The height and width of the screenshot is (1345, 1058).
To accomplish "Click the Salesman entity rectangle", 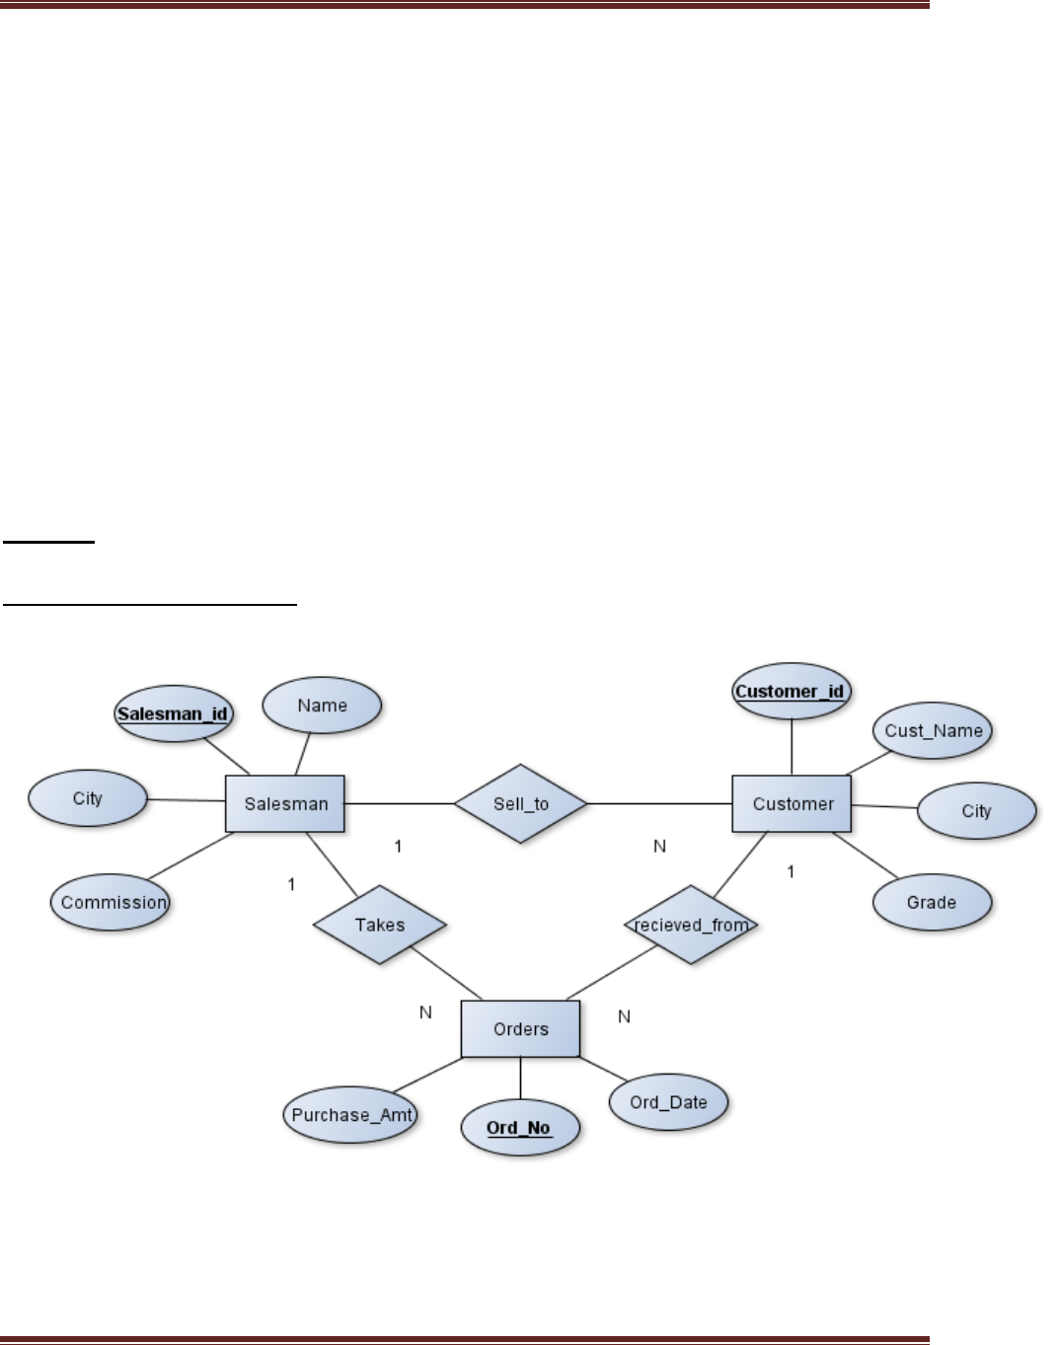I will pos(284,804).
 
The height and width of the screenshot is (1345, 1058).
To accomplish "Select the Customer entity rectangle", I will pos(792,804).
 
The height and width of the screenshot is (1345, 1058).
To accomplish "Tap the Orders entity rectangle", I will pos(520,1029).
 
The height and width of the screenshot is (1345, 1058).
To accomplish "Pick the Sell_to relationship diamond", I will pos(520,804).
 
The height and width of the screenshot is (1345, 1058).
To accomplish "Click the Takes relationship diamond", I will pos(380,925).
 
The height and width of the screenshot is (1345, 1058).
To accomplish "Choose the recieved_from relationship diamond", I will pos(691,926).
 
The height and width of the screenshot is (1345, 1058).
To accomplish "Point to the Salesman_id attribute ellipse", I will pos(173,712).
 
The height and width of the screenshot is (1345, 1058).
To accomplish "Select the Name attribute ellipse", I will pos(322,706).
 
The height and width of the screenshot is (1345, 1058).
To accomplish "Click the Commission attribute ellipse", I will pos(111,902).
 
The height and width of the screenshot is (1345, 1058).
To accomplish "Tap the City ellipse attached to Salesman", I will pos(87,798).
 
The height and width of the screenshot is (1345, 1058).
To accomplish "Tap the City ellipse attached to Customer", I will pos(976,811).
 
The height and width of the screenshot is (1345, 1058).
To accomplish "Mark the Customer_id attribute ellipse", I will pos(791,691).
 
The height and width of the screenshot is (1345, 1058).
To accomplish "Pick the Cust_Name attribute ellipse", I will pos(933,731).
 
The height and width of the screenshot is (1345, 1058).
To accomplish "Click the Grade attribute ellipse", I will pos(931,902).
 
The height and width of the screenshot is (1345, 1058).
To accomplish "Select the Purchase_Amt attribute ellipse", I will pos(350,1115).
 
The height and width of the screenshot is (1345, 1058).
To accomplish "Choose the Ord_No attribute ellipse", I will pos(519,1127).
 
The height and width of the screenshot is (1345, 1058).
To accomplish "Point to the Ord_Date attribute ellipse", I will pos(668,1102).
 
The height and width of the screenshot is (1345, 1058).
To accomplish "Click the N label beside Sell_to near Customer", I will pos(660,846).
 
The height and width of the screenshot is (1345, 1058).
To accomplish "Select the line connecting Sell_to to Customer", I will pos(659,804).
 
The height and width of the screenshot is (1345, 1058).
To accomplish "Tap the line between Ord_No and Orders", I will pos(520,1079).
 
